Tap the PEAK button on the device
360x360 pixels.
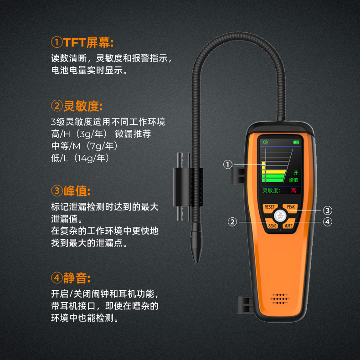[x=291, y=207]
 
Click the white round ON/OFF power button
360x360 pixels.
[x=280, y=216]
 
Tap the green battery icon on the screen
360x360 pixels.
[x=296, y=142]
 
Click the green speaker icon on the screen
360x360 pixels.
[x=265, y=142]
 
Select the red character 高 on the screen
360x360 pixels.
[x=293, y=190]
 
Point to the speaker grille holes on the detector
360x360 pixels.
[x=280, y=299]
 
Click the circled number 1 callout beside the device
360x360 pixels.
[x=228, y=165]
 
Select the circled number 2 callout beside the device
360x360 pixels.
[x=232, y=222]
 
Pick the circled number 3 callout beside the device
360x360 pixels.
[x=327, y=211]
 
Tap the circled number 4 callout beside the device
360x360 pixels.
[x=327, y=222]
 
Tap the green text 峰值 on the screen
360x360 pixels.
[x=293, y=180]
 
